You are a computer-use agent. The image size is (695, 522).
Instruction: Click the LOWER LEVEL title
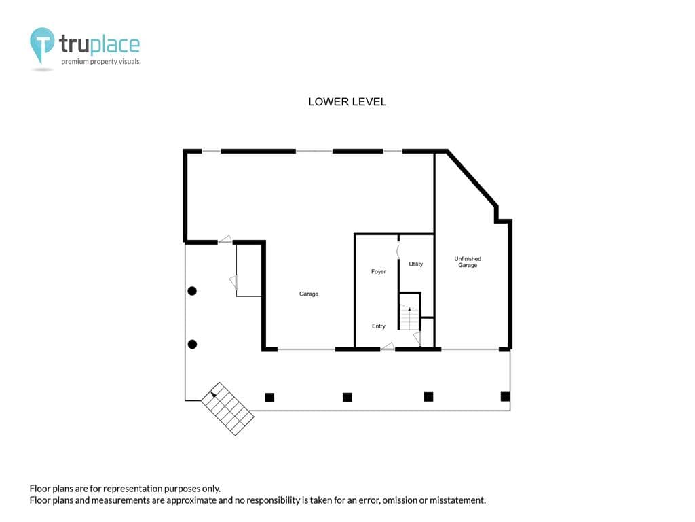point(347,102)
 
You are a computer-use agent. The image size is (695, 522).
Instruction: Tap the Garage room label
point(309,294)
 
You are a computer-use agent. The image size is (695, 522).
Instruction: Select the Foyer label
point(379,272)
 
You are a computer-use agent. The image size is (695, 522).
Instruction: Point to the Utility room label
point(416,264)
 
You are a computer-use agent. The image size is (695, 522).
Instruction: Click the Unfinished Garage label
point(468,262)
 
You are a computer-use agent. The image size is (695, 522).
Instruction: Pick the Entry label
point(379,326)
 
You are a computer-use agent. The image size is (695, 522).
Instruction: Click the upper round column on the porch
point(192,291)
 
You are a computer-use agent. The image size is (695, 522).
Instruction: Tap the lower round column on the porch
point(192,344)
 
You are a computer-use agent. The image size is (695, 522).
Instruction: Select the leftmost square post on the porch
point(269,397)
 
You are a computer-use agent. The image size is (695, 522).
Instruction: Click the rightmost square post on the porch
point(505,396)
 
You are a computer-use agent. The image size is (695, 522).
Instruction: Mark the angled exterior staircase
point(227,408)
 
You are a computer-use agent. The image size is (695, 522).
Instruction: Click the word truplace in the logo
point(99,44)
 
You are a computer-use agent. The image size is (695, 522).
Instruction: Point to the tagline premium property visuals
point(100,62)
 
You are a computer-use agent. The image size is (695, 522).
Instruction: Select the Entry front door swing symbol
point(388,346)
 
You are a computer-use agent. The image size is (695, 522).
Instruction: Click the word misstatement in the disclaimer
point(457,500)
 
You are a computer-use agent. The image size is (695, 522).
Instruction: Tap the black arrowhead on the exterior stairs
point(213,394)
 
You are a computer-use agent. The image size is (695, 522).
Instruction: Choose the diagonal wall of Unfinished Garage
point(472,179)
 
